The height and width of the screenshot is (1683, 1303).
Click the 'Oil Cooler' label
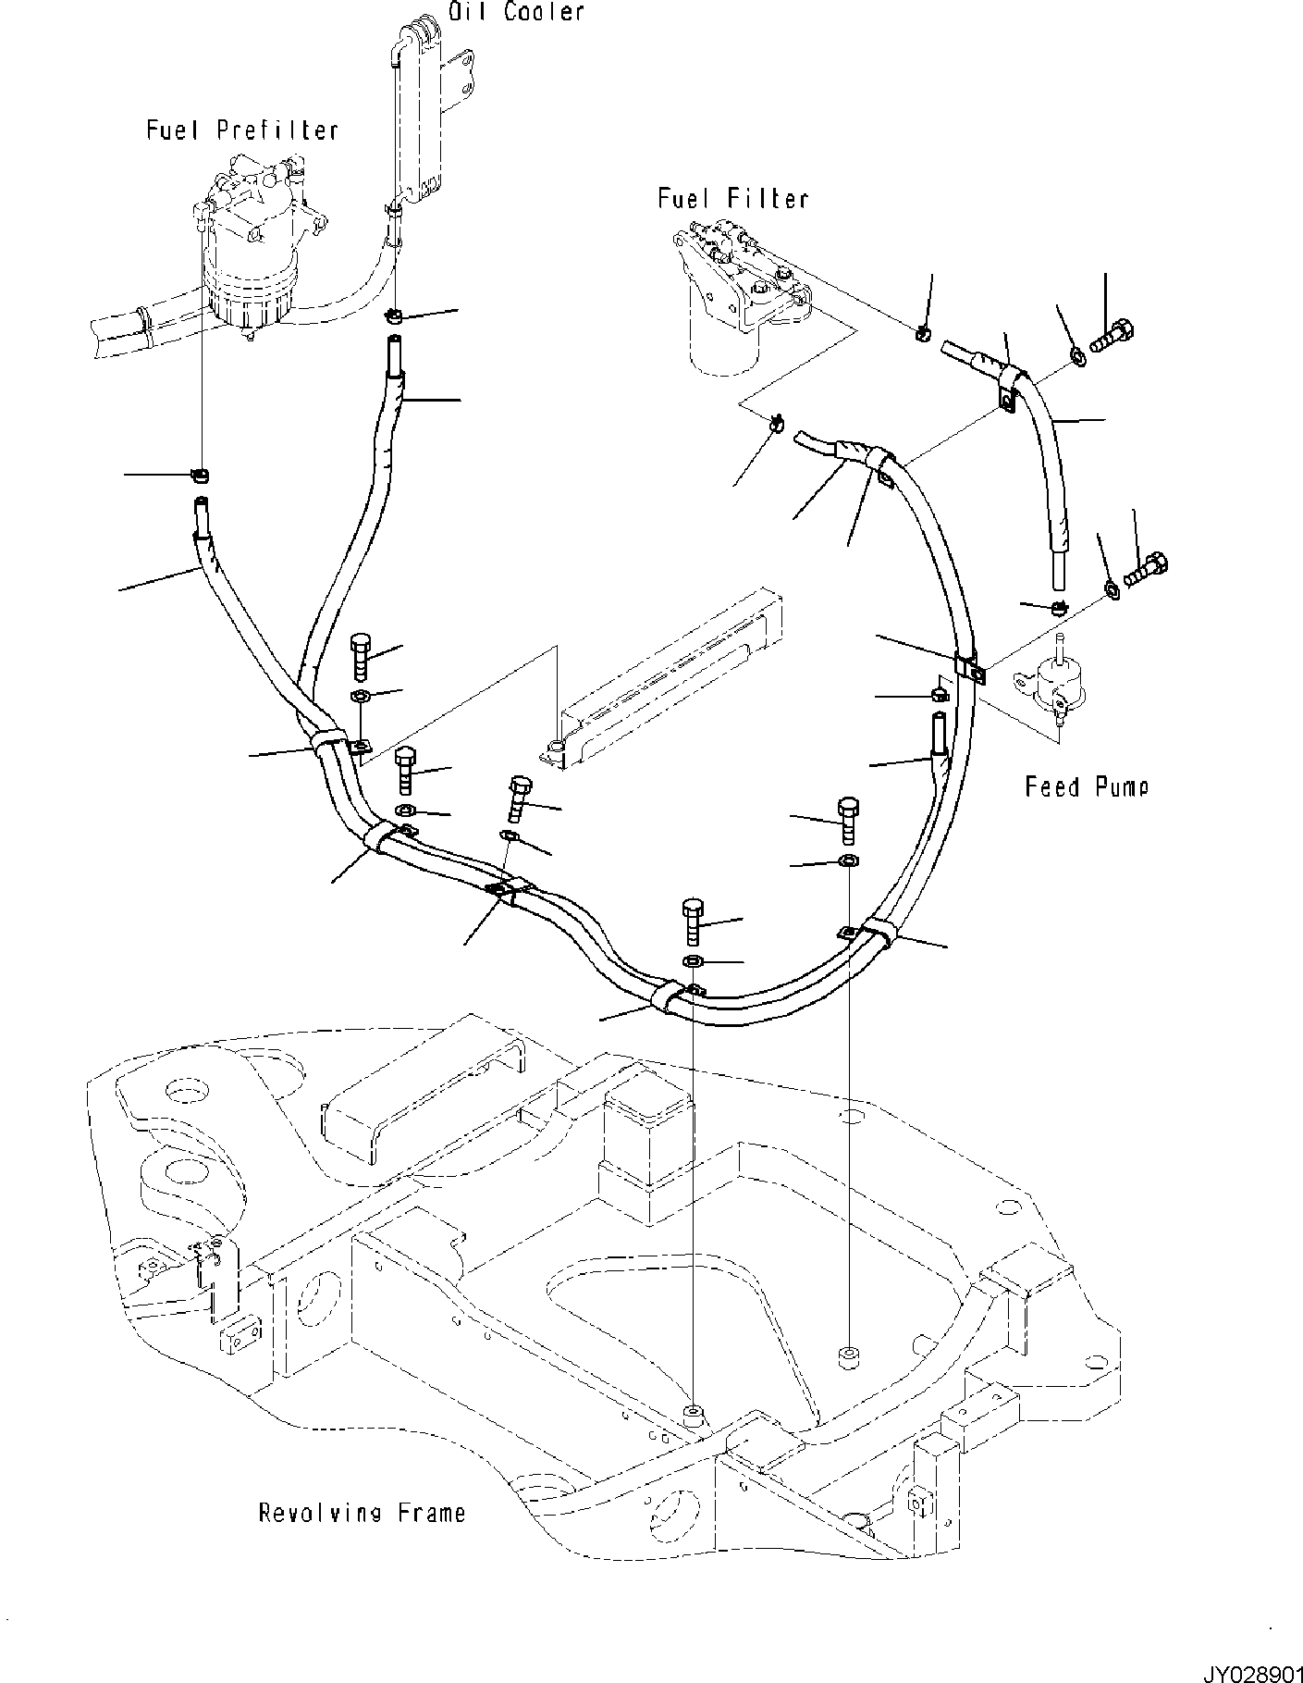coord(516,12)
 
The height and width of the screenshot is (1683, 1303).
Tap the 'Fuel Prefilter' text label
coord(242,130)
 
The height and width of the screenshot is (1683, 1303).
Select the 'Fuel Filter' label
coord(732,199)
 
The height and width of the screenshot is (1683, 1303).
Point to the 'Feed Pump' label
coord(1086,787)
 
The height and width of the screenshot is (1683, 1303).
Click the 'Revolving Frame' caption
coord(362,1513)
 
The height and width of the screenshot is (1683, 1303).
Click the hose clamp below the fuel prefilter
coord(199,476)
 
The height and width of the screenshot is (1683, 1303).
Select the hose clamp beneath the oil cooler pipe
coord(395,316)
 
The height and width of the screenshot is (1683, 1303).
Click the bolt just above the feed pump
coord(1146,568)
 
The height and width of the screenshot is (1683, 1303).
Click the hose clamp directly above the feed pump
coord(1058,608)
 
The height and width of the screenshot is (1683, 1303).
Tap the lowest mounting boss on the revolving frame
coord(693,1439)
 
